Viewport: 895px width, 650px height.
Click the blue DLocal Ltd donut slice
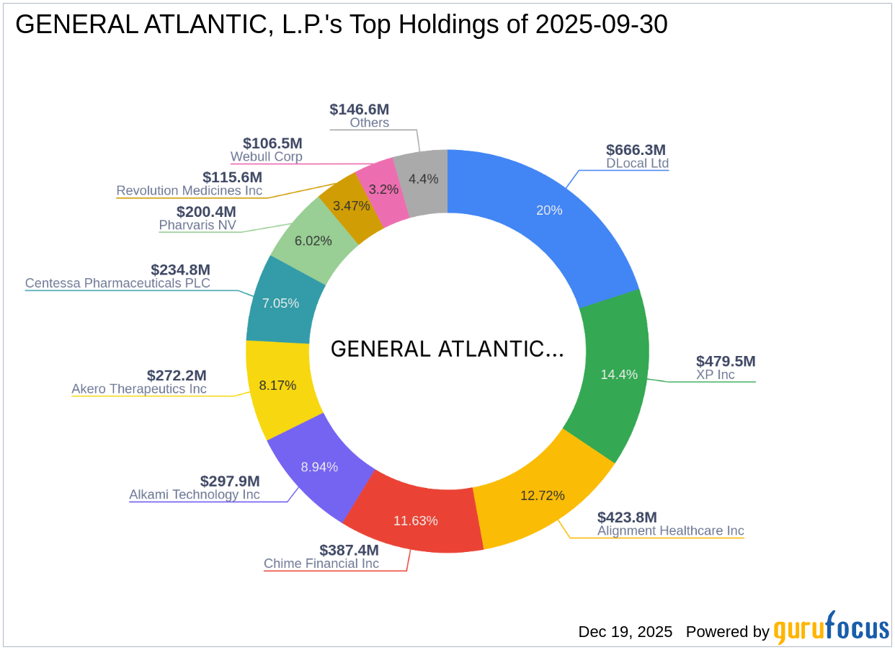[x=549, y=210]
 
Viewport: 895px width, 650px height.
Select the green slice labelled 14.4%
[x=618, y=374]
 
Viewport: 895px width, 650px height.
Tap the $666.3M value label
[x=636, y=150]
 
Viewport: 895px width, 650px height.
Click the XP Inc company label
[x=715, y=375]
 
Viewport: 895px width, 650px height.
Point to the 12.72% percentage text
[x=542, y=495]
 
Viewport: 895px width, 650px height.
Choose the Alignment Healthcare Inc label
[x=670, y=531]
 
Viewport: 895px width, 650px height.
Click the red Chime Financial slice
[x=415, y=520]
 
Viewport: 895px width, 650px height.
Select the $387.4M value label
[x=349, y=550]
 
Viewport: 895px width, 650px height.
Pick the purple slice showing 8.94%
[x=319, y=467]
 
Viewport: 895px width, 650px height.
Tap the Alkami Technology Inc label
[x=195, y=495]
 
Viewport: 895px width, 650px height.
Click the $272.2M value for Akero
[x=177, y=375]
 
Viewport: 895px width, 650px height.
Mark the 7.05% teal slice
[x=280, y=303]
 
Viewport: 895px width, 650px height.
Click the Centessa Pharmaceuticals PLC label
[x=117, y=283]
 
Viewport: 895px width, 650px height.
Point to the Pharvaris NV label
[x=197, y=226]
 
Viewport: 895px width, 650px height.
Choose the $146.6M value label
[x=359, y=110]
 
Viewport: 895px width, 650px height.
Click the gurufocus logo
[x=831, y=629]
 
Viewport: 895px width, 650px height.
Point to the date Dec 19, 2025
[x=625, y=632]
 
